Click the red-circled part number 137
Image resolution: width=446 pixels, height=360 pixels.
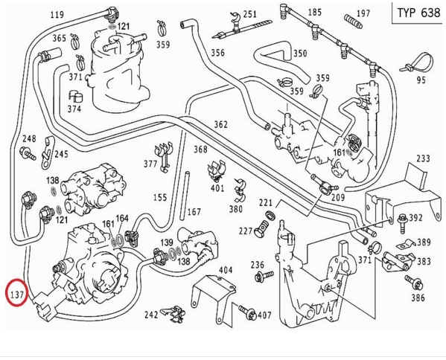coord(17,295)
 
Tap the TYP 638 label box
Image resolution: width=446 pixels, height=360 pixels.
coord(418,13)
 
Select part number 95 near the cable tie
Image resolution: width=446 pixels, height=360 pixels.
coord(421,80)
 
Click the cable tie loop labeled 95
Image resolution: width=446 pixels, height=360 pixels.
coord(418,62)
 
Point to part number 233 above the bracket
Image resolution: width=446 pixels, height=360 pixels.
coord(423,158)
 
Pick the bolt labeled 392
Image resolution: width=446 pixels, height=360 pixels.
coord(403,223)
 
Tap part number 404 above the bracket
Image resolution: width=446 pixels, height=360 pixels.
coord(226,270)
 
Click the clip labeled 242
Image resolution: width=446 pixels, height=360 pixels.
coord(173,314)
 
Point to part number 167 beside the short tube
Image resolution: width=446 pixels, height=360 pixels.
coord(194,212)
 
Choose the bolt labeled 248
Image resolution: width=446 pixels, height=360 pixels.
coord(28,154)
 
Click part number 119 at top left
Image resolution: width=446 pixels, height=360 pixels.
coord(57,14)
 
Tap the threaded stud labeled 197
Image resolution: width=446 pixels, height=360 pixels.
coord(353,21)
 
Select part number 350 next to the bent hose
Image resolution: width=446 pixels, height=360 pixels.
coord(300,54)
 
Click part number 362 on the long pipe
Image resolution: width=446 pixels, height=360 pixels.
coord(220,124)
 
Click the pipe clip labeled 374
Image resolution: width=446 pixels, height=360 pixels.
coord(75,96)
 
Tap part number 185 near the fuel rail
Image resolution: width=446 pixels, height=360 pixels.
coord(315,12)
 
